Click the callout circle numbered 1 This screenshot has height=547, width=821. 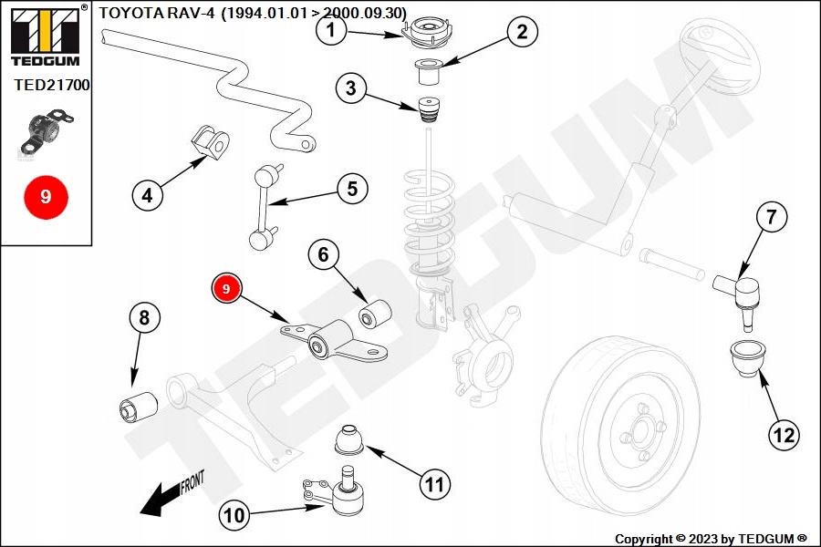[x=331, y=30]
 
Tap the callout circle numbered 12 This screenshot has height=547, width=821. [x=784, y=435]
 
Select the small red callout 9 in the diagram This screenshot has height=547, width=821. [x=226, y=289]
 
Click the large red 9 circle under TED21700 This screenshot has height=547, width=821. [x=47, y=197]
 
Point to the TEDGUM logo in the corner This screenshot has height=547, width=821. [x=46, y=36]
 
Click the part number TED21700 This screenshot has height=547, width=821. [x=52, y=85]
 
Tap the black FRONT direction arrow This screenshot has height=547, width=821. [x=172, y=493]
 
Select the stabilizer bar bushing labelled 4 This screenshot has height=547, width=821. [x=211, y=142]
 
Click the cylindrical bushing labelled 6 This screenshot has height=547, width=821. [x=375, y=312]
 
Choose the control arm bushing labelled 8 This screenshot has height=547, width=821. [x=139, y=406]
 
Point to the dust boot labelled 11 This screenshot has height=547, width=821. [x=349, y=440]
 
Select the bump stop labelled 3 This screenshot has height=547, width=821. [x=430, y=109]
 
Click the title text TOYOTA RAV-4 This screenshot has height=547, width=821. [x=157, y=13]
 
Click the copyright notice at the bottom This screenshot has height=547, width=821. [x=711, y=539]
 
